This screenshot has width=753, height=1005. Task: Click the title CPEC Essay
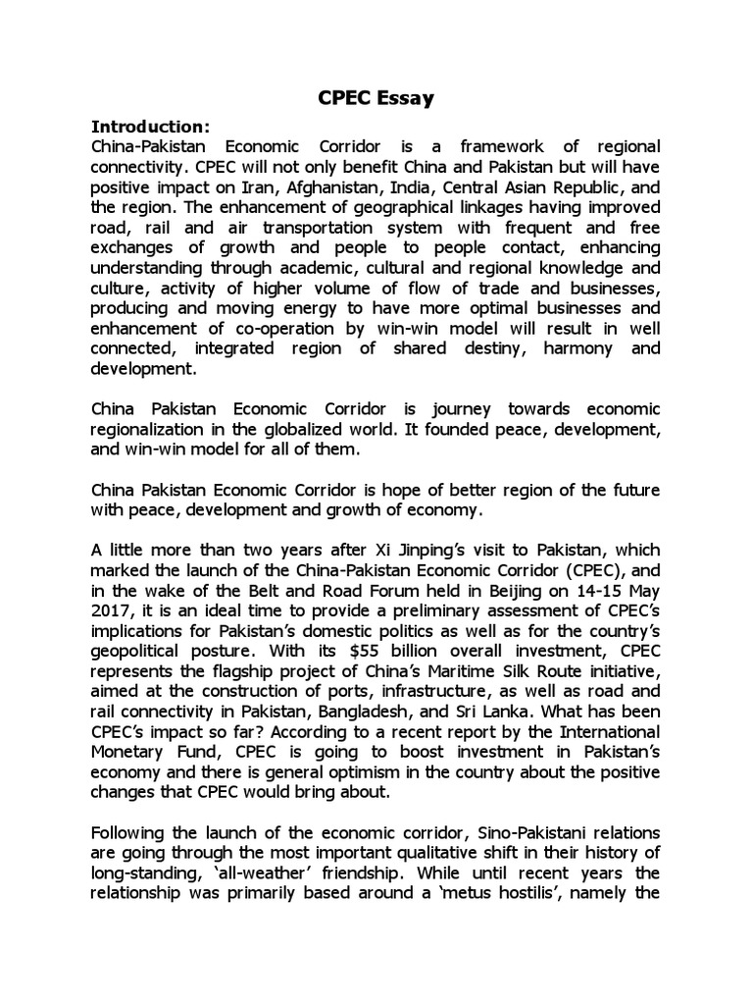[x=376, y=98]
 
